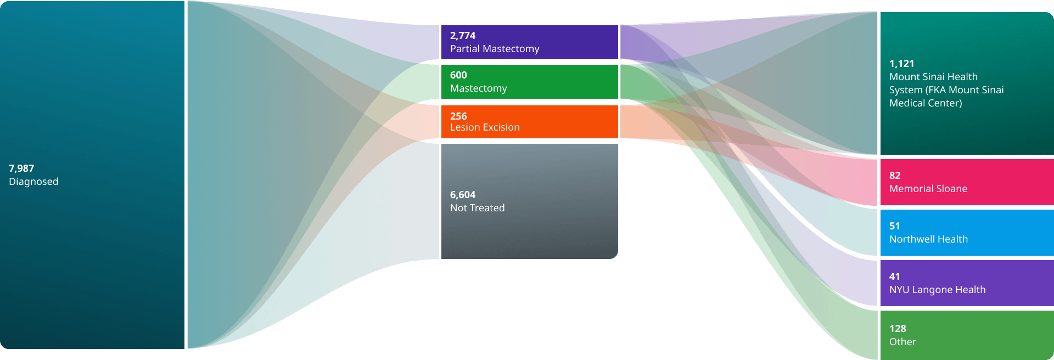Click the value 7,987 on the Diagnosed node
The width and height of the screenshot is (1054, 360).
[21, 168]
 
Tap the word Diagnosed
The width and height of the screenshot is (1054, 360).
[33, 182]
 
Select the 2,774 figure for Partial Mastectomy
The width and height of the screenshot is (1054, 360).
[463, 36]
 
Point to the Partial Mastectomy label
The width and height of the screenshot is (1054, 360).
[495, 49]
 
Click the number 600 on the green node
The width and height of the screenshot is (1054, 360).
[458, 75]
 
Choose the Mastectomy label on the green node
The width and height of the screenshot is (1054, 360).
[478, 88]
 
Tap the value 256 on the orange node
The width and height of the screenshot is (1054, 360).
[458, 116]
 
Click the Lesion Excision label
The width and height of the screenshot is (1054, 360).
[485, 127]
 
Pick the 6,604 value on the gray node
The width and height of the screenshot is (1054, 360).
[463, 195]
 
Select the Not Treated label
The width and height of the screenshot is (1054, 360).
[477, 208]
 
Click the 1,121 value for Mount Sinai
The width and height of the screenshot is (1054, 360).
[901, 64]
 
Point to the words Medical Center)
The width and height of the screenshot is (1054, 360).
[926, 103]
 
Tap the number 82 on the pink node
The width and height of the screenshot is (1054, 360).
[895, 176]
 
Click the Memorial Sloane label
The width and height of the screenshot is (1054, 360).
[928, 189]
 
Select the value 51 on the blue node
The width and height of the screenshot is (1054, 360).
[895, 226]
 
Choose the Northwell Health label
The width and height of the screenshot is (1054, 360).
[928, 239]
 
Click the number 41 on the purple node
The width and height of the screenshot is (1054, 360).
[895, 277]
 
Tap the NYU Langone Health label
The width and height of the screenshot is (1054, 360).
[937, 290]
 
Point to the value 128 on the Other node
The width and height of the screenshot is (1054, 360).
[898, 329]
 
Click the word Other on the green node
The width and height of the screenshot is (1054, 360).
[902, 342]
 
